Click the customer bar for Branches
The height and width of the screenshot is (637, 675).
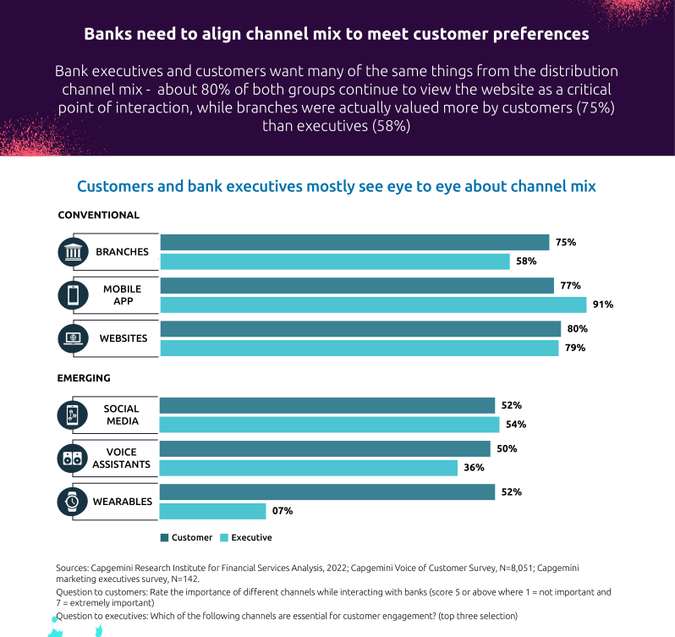[x=354, y=242]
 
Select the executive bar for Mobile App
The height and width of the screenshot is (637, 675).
[x=373, y=305]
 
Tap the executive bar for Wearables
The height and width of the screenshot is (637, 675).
[x=212, y=511]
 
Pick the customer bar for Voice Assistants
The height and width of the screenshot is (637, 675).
[x=325, y=448]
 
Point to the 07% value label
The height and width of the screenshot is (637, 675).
[x=283, y=511]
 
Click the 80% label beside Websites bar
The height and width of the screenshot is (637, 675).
[x=578, y=328]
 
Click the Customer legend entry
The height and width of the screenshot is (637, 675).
[x=185, y=537]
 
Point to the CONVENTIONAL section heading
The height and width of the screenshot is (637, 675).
[x=98, y=215]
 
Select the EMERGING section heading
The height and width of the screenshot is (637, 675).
[x=84, y=378]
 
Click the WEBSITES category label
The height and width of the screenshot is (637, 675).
[x=123, y=338]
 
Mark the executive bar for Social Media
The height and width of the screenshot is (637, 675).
[x=329, y=425]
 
